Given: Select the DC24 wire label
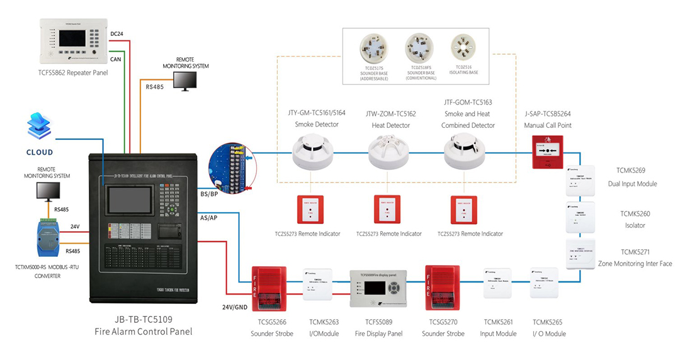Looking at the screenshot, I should pos(116,33).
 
